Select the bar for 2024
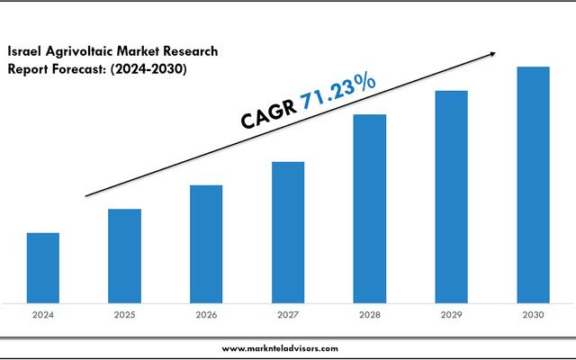point(43,267)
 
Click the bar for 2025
point(124,256)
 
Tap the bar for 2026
point(206,244)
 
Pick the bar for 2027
point(288,232)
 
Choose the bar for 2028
point(370,208)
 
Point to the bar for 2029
point(451,196)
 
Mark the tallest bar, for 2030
point(533,184)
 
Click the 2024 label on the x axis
point(43,316)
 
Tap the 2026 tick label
point(206,316)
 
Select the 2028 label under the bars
point(370,316)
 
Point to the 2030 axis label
point(533,316)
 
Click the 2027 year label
point(288,316)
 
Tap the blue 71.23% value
point(338,93)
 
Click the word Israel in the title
point(26,52)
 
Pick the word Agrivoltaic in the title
point(82,52)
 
